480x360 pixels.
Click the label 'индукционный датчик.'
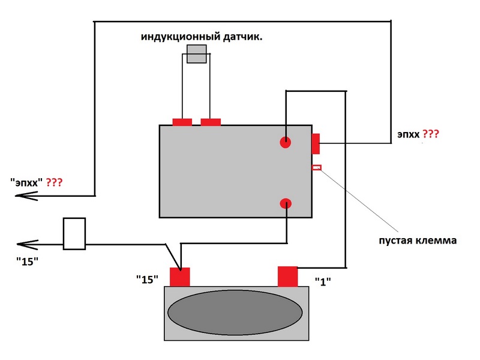[x=202, y=37]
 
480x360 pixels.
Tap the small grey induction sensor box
[x=197, y=54]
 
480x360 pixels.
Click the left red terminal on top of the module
[x=182, y=122]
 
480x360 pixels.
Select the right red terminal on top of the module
[x=211, y=122]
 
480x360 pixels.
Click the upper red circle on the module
[x=286, y=142]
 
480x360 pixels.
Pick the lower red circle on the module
[x=286, y=204]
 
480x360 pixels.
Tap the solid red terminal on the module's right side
[x=316, y=143]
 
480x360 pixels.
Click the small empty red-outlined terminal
[x=317, y=167]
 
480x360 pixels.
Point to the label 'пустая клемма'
[x=418, y=241]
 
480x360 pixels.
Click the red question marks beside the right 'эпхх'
[x=431, y=134]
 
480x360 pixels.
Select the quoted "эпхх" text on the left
[x=26, y=182]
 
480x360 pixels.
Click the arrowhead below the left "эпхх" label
[x=26, y=196]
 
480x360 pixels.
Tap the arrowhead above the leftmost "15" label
[x=28, y=245]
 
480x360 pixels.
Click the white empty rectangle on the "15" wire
[x=74, y=234]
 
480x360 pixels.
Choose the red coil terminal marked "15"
[x=180, y=277]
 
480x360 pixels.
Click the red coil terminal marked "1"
[x=288, y=277]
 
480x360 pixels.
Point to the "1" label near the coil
[x=323, y=281]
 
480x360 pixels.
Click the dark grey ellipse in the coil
[x=235, y=313]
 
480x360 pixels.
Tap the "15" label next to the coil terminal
[x=147, y=279]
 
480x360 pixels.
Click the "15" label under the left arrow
[x=27, y=262]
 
